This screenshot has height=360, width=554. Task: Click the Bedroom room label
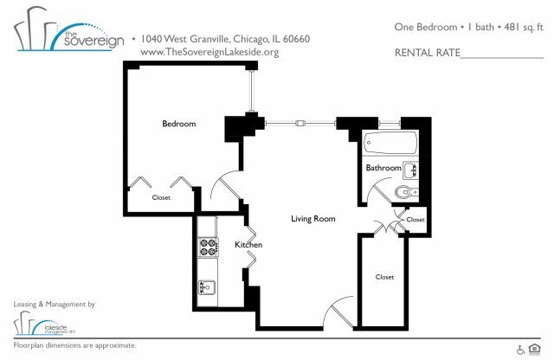179,124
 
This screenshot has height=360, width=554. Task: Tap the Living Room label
312,219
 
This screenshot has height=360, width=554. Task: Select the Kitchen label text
248,246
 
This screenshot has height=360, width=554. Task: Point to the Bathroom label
383,168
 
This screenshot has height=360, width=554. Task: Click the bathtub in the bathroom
390,142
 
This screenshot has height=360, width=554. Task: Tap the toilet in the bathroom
405,192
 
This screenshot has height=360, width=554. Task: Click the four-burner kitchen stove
209,247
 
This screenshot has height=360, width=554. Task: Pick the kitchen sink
209,286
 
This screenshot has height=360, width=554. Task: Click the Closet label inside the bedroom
161,197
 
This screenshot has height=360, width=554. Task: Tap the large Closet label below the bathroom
384,277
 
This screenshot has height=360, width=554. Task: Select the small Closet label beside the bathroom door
415,220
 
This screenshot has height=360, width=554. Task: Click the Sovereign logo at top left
64,35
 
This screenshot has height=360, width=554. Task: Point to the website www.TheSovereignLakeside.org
209,52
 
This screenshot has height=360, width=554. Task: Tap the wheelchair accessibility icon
521,350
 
